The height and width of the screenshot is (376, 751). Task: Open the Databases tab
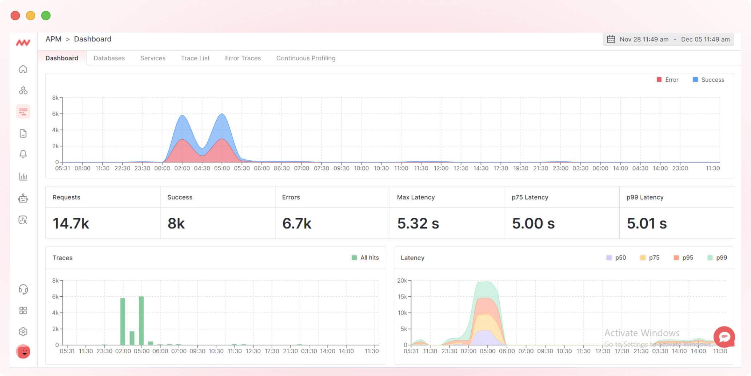[109, 58]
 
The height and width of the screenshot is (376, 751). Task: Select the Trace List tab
[195, 58]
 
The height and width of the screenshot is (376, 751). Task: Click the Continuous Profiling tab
[305, 58]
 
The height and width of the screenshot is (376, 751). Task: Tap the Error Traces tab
[243, 58]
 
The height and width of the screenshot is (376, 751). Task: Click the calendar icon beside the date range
[611, 39]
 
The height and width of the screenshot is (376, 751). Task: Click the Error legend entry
[667, 80]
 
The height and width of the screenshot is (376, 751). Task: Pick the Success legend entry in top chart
[708, 80]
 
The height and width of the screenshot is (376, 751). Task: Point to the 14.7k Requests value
[71, 223]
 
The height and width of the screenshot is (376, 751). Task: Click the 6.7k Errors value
[297, 223]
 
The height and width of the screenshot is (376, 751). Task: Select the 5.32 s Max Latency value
[418, 223]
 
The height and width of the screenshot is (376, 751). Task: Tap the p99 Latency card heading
[645, 197]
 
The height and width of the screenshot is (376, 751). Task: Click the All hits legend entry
[365, 257]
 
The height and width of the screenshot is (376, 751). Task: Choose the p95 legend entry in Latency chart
[683, 257]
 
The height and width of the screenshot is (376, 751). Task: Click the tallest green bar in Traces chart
[141, 320]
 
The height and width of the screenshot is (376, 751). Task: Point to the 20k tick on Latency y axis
[402, 281]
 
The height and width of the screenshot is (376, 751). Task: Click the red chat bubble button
[724, 337]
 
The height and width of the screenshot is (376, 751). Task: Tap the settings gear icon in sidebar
[23, 332]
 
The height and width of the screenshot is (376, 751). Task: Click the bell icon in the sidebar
[23, 154]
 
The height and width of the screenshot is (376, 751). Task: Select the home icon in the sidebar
[23, 69]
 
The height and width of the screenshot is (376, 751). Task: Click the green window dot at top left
[46, 16]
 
